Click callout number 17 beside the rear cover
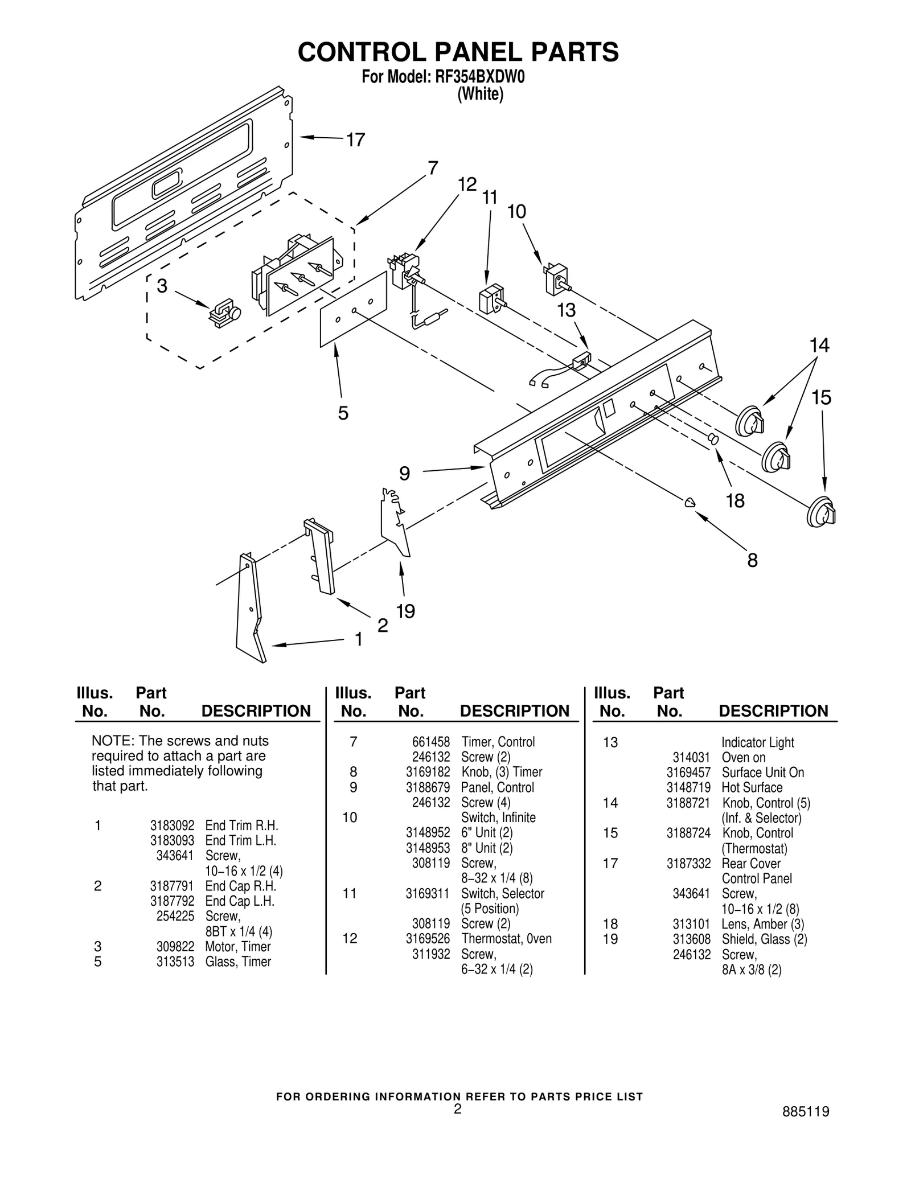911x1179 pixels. point(355,139)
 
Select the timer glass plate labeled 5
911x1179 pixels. point(353,310)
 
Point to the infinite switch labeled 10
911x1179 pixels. point(556,278)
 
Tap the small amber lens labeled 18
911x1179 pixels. point(712,439)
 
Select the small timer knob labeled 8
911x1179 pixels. point(690,502)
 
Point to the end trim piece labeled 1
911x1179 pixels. point(249,609)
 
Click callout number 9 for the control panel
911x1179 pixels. point(404,473)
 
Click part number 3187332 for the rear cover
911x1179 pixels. point(688,864)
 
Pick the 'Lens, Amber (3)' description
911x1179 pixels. point(762,924)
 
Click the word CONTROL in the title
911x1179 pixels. point(362,52)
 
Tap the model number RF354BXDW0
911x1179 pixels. point(480,77)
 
